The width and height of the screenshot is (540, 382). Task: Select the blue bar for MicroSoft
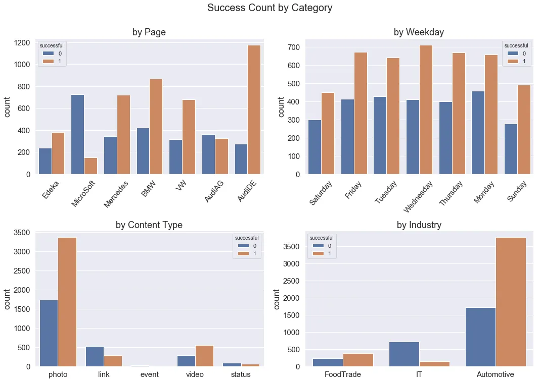[77, 134]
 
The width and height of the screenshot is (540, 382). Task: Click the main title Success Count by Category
[269, 8]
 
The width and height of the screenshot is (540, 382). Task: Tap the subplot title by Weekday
[419, 32]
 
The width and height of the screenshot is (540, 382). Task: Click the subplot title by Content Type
[149, 225]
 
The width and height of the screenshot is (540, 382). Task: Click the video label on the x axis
[195, 374]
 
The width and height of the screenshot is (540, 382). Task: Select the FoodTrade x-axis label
[343, 374]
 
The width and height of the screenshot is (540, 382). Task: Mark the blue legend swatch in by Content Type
[240, 246]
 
